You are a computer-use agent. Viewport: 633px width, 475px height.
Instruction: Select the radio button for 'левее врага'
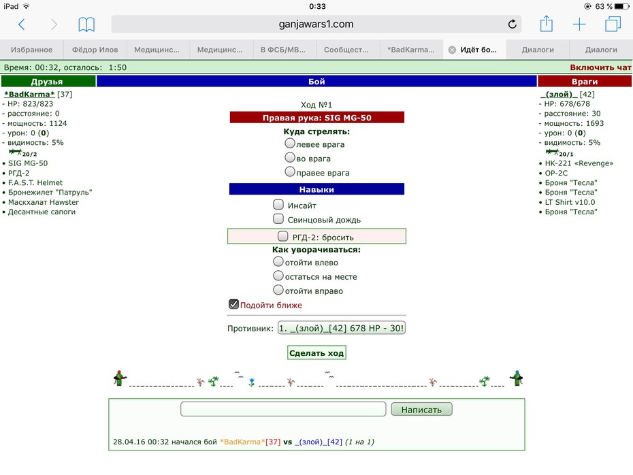point(289,144)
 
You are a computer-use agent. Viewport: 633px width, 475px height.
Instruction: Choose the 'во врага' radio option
point(289,157)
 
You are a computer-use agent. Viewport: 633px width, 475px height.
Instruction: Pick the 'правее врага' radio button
point(289,171)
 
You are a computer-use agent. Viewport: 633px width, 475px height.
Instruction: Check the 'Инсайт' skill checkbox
point(278,205)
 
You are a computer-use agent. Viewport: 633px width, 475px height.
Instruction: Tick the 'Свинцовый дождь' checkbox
point(278,218)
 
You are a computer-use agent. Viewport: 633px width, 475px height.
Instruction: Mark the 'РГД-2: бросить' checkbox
point(282,236)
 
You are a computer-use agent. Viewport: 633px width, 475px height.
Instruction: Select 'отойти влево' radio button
point(278,261)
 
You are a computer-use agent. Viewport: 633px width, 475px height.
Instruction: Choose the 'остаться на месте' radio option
point(278,276)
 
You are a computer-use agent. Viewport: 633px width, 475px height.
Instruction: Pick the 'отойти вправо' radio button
point(278,290)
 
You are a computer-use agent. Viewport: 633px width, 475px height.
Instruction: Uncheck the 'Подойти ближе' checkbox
point(233,304)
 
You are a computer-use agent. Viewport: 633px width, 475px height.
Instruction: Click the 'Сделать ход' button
point(316,353)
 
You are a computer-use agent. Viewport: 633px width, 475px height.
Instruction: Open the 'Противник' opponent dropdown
point(342,328)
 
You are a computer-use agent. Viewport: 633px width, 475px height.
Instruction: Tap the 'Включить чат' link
point(600,67)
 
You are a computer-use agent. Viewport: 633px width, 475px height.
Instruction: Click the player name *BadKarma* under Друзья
point(29,94)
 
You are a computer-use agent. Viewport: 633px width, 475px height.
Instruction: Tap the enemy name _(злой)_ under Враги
point(559,94)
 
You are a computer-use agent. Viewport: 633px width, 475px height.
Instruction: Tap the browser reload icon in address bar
point(512,24)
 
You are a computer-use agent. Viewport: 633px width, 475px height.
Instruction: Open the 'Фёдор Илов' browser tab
point(95,50)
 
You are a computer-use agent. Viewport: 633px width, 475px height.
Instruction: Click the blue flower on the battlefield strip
point(252,382)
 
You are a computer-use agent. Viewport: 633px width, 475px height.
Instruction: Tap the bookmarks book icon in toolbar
point(86,24)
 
